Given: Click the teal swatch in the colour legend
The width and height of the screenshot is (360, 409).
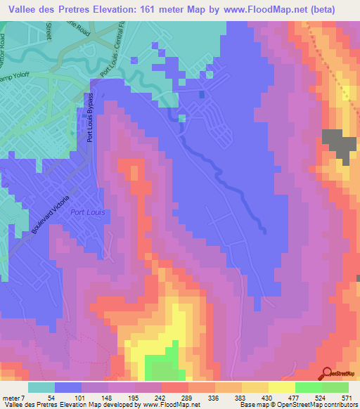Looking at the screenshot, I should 41,387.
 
